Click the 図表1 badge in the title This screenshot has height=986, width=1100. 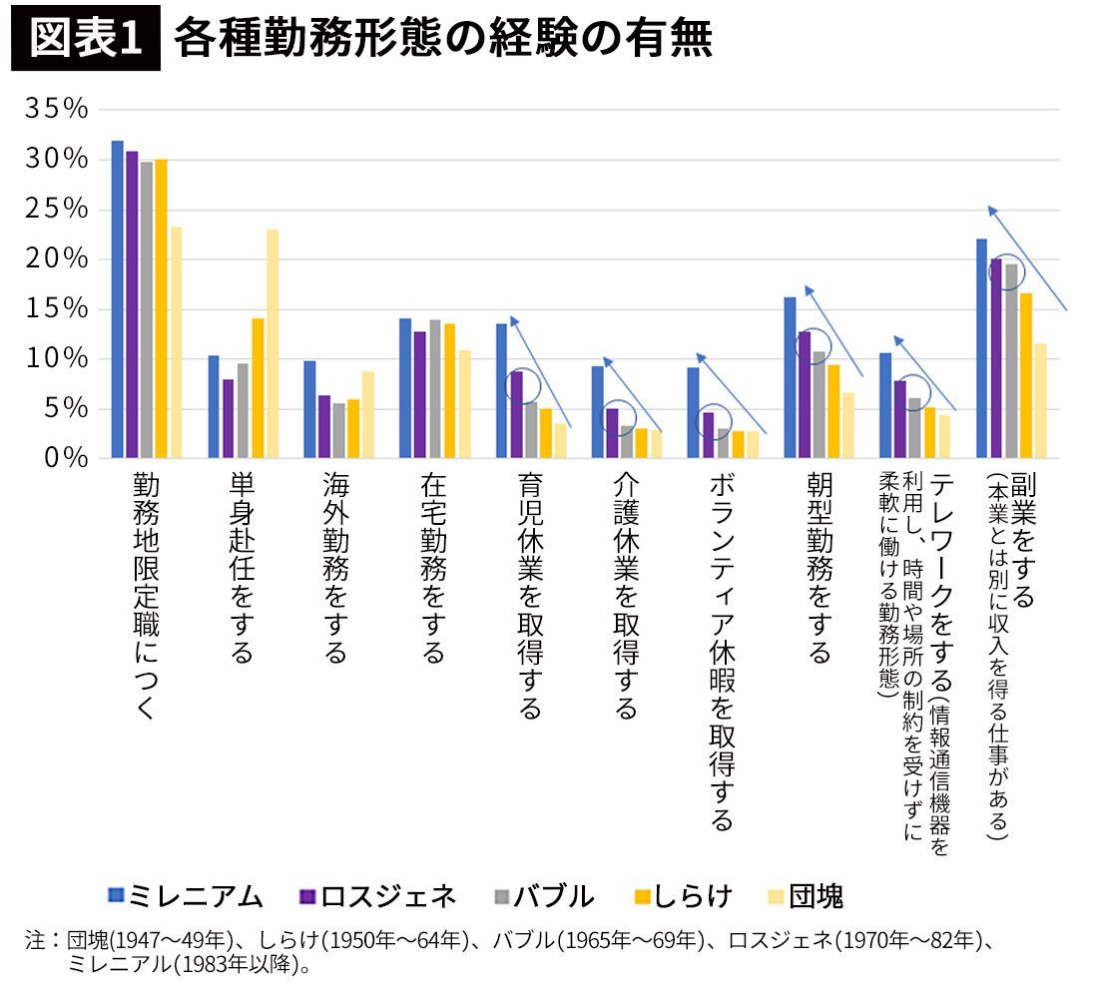(85, 40)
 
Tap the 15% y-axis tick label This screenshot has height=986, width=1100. (56, 309)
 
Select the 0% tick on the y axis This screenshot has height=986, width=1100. (64, 458)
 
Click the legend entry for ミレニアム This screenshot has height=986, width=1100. (186, 895)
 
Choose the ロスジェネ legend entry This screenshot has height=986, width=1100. (377, 895)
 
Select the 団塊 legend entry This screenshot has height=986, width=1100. (804, 895)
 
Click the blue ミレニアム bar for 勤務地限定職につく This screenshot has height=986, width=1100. (117, 299)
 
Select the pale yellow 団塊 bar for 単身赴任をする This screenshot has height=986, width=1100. (273, 343)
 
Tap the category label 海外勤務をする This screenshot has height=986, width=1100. (335, 569)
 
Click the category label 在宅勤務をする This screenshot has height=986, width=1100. (431, 569)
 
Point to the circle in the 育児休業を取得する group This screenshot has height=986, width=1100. (522, 384)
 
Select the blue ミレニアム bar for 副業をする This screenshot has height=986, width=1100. (981, 348)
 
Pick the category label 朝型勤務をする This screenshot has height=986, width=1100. (819, 569)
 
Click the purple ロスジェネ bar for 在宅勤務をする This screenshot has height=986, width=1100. (420, 395)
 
